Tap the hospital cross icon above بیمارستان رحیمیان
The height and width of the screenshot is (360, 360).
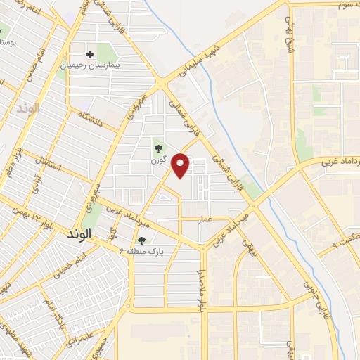89,54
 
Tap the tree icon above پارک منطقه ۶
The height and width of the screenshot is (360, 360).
141,241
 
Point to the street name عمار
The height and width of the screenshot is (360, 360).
205,219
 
